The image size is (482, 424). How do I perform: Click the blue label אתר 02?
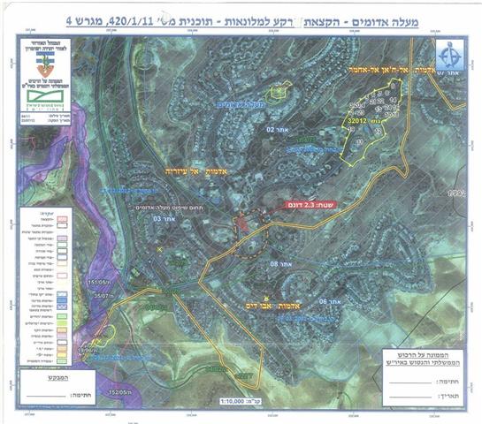point(279,129)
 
